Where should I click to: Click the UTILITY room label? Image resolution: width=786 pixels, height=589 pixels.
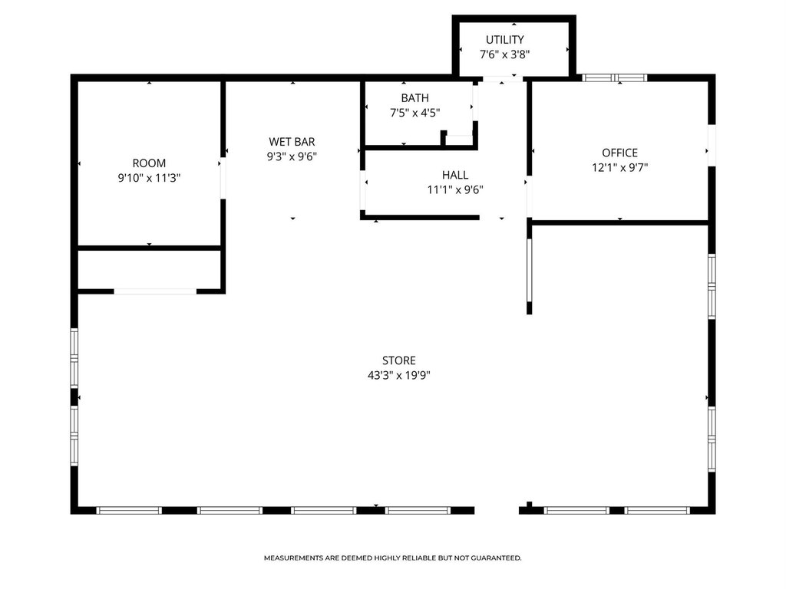505,40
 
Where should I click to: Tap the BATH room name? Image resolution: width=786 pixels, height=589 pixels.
415,98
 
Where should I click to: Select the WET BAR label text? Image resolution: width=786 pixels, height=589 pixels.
292,142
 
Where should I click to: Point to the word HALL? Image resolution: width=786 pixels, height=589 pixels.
455,175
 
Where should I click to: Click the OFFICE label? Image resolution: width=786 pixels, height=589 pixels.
620,153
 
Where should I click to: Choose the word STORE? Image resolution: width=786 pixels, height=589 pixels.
399,360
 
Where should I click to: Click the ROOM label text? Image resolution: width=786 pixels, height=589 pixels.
149,163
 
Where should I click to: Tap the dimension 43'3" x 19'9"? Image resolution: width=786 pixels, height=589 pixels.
399,375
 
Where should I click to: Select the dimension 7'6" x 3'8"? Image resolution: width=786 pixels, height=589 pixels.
505,54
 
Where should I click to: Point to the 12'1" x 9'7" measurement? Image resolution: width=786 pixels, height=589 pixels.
620,168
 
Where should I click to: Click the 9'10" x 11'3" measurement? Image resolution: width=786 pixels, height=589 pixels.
149,178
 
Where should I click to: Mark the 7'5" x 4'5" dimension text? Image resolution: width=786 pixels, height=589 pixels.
415,113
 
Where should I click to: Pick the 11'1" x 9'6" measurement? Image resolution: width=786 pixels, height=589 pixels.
455,190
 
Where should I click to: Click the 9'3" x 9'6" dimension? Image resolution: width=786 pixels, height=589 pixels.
292,156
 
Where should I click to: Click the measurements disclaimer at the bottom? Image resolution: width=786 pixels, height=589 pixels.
392,558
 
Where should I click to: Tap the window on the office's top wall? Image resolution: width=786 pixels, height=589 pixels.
615,77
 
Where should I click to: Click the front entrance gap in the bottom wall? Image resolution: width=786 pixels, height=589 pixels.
497,510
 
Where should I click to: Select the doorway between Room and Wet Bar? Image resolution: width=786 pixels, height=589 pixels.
223,178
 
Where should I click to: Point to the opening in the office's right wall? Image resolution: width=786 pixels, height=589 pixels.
712,145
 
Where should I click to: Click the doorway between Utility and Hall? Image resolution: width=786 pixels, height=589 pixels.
502,79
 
